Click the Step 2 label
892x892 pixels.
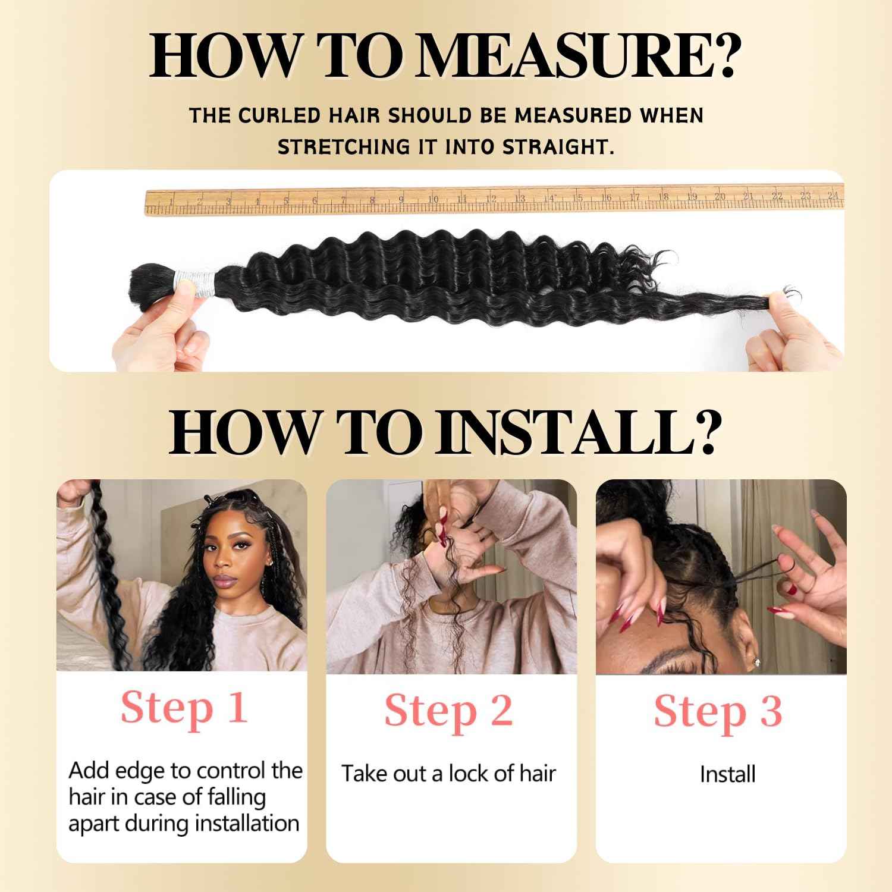[449, 711]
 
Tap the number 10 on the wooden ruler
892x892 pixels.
[433, 199]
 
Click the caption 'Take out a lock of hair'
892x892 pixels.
[449, 774]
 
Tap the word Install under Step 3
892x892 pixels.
[727, 774]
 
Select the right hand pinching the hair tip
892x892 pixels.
[794, 333]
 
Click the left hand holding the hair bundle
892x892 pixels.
[158, 327]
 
